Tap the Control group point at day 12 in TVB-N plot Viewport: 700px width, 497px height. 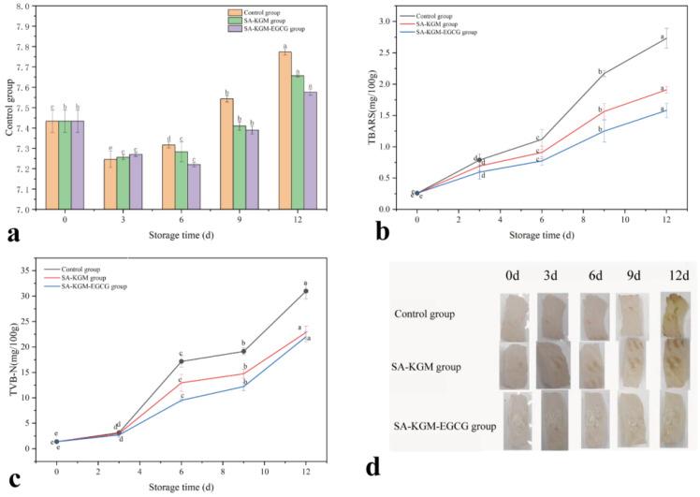pyautogui.click(x=306, y=291)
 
